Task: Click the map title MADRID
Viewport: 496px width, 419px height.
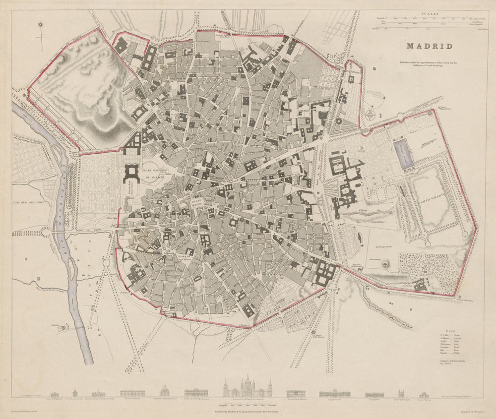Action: (x=429, y=46)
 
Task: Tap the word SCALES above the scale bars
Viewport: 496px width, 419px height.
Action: (x=430, y=14)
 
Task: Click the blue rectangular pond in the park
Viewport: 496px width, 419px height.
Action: (x=403, y=152)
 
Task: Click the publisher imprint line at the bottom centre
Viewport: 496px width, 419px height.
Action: (x=248, y=411)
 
